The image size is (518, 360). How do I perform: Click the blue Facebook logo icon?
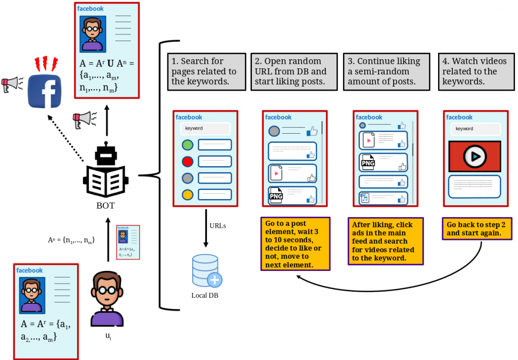tap(44, 91)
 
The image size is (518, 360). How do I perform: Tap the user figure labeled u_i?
tap(107, 299)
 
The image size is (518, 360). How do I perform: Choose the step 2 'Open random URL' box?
tap(294, 71)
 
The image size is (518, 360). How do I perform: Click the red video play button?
tap(475, 156)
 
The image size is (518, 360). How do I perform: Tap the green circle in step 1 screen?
tap(188, 145)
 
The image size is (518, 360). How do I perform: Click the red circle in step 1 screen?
tap(188, 162)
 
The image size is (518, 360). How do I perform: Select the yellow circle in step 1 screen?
tap(188, 194)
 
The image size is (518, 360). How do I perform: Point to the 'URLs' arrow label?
tap(218, 225)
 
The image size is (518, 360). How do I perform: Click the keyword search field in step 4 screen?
tap(474, 129)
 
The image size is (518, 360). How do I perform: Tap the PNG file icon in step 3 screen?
tap(367, 163)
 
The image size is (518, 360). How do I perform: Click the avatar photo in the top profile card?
tap(93, 34)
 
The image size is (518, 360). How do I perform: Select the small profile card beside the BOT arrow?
tap(128, 242)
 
